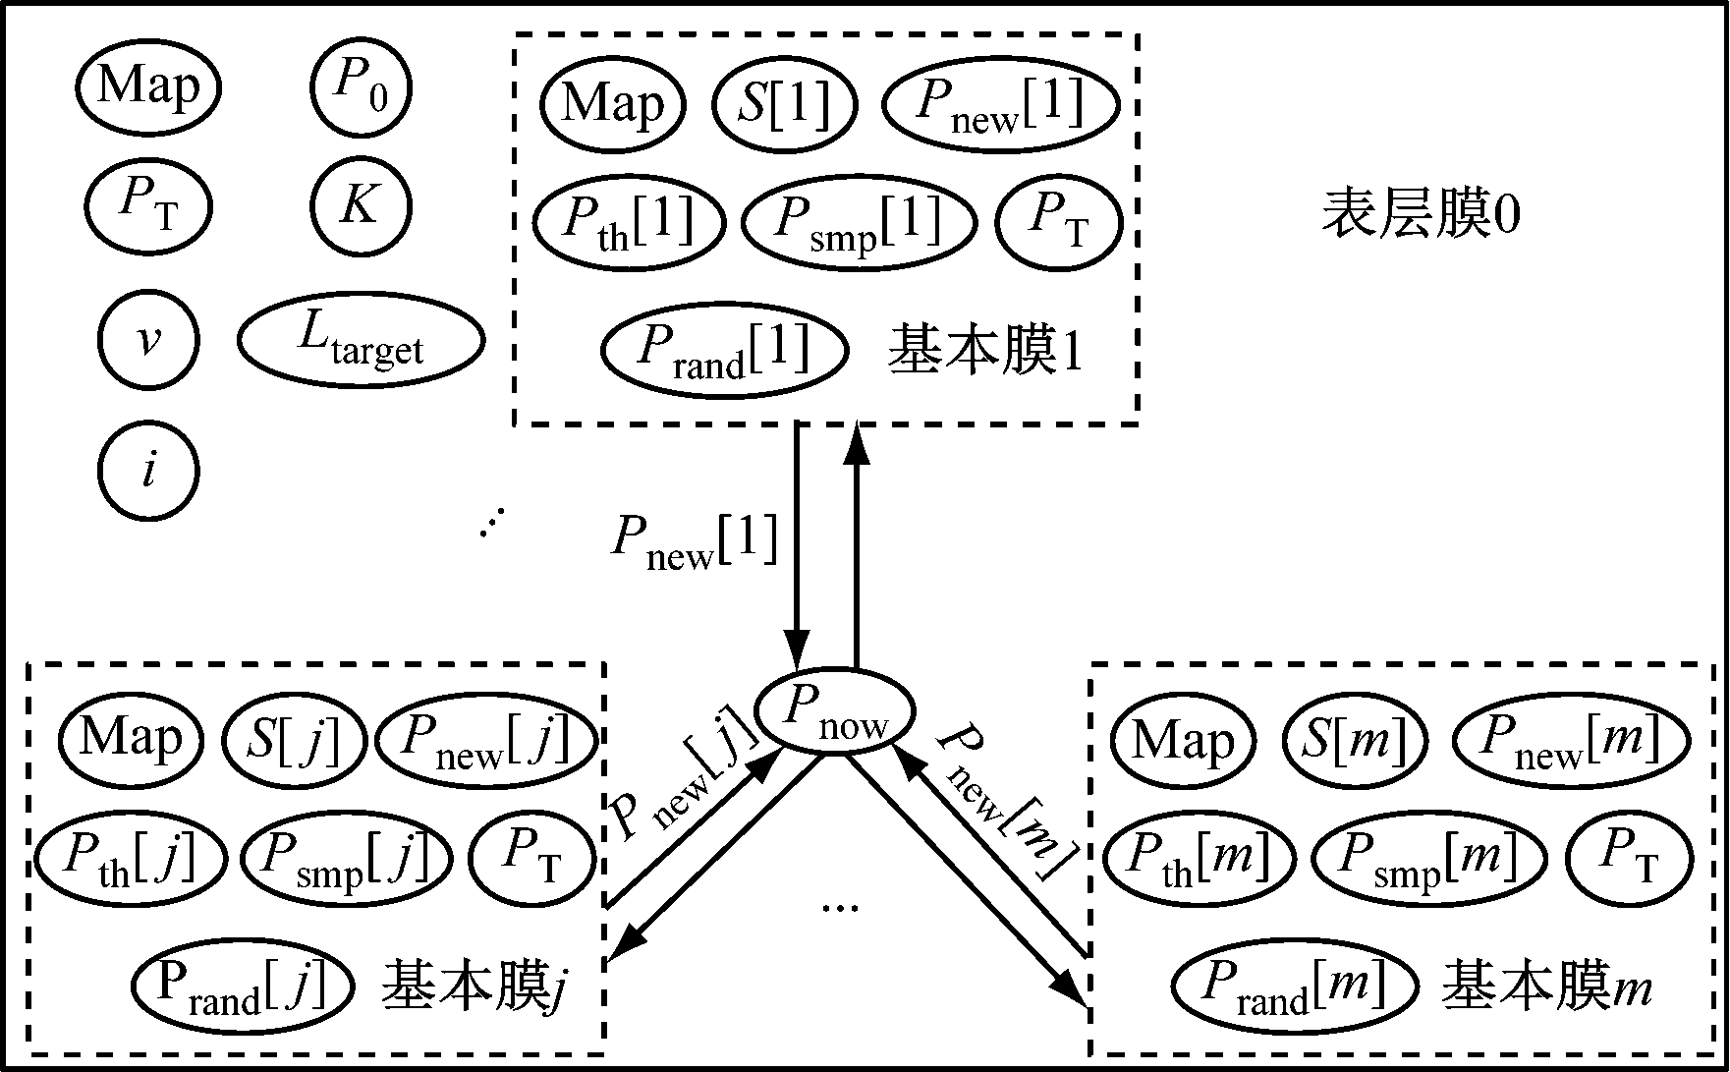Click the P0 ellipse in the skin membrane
tap(361, 88)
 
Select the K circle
tap(361, 207)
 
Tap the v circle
tap(148, 341)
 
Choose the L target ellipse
tap(361, 340)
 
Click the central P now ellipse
tap(834, 710)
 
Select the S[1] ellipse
tap(785, 104)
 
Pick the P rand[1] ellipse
tap(724, 350)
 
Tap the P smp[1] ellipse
tap(859, 223)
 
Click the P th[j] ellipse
tap(131, 857)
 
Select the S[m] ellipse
tap(1354, 742)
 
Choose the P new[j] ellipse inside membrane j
tap(486, 740)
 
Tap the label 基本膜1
tap(985, 351)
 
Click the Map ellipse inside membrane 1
tap(613, 104)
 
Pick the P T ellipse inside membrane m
tap(1630, 857)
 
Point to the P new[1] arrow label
tap(695, 541)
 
